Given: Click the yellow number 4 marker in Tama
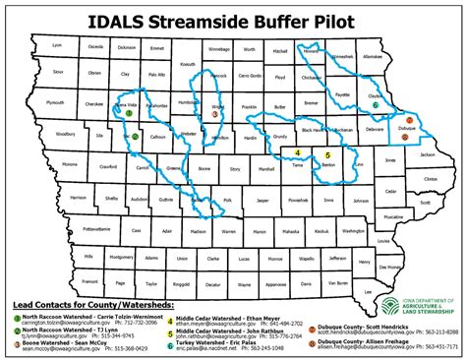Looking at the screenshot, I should point(296,153).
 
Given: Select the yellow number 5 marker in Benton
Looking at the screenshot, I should point(326,155).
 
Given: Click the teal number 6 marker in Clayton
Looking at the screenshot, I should point(376,102).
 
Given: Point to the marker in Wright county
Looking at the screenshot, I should point(214,114).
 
